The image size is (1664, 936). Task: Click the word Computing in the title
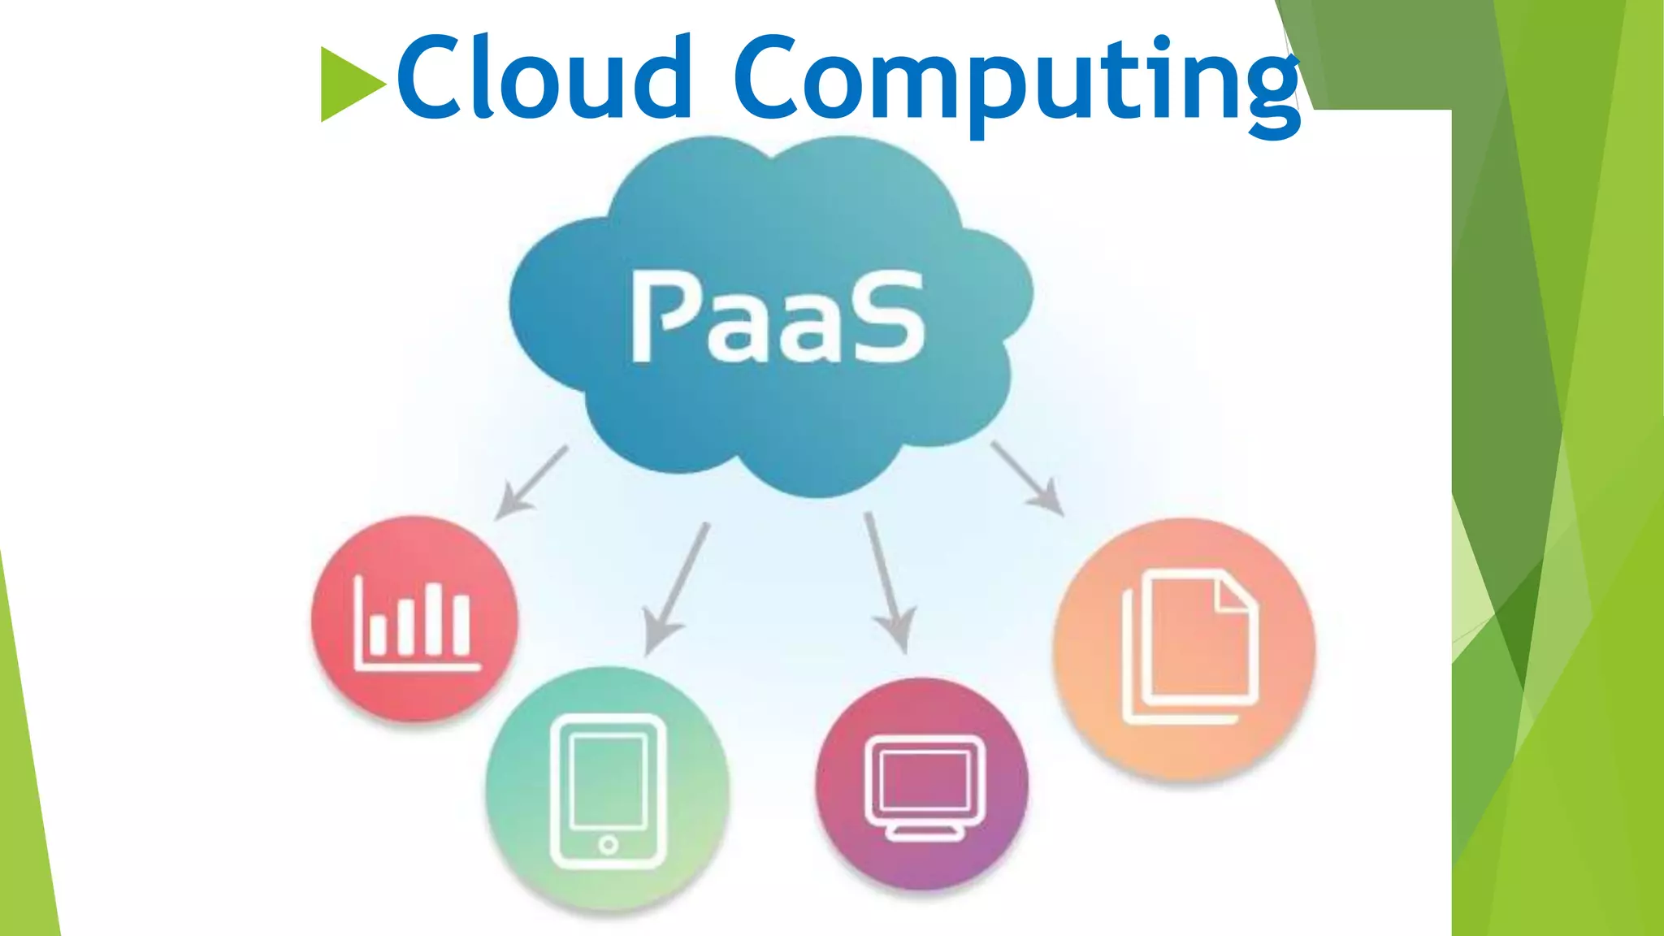click(1016, 81)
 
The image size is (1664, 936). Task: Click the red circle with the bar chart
click(414, 617)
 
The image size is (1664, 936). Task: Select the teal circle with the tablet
click(608, 788)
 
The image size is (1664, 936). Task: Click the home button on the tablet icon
click(608, 845)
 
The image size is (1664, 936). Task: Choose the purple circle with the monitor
click(922, 784)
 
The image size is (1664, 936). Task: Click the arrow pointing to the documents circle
click(1029, 479)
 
